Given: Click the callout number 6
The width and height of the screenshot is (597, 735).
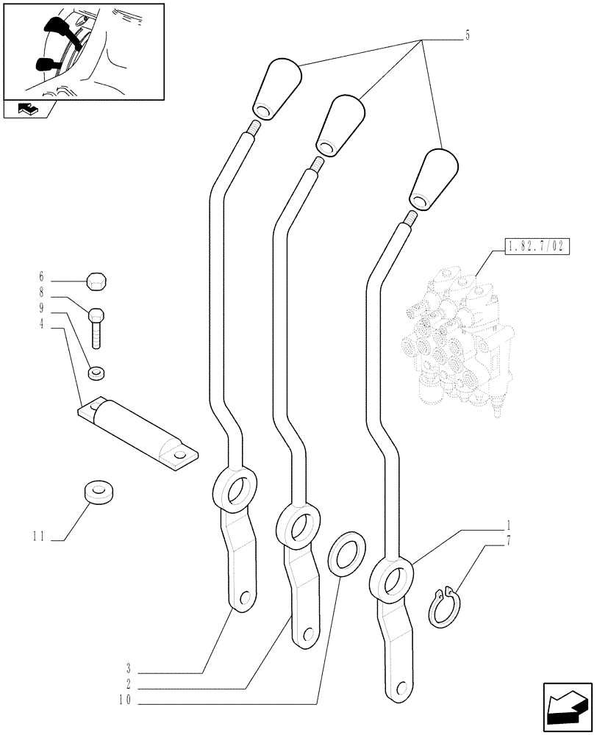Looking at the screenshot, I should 41,277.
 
